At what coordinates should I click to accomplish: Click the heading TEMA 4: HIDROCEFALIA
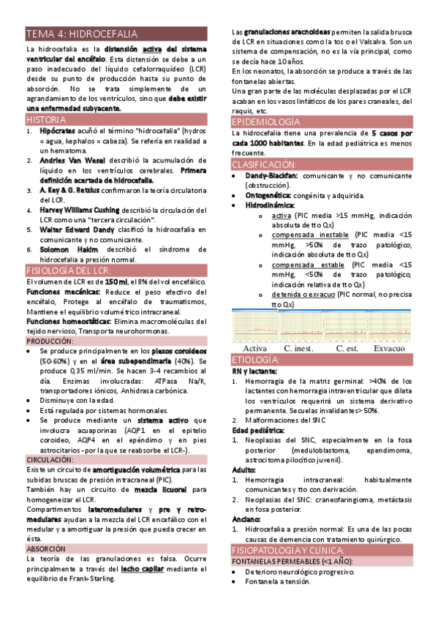[81, 34]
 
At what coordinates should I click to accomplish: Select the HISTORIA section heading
[45, 119]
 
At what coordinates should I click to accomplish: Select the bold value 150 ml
[117, 281]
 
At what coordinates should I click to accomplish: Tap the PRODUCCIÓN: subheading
[50, 341]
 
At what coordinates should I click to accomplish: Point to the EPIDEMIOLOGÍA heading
[265, 122]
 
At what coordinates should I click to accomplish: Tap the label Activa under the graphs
[254, 349]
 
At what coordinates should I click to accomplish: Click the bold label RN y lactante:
[254, 371]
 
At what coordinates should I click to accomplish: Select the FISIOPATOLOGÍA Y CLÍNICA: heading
[292, 549]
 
